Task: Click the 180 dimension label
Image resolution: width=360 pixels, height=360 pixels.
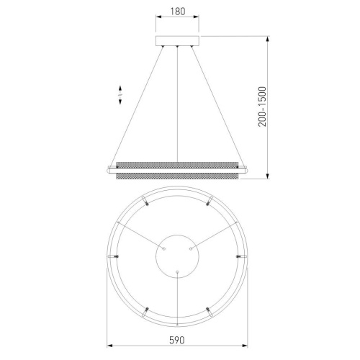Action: tap(178, 12)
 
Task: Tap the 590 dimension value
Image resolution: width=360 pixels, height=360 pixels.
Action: tap(177, 340)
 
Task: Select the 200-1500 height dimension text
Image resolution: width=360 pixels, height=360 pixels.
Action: tap(262, 107)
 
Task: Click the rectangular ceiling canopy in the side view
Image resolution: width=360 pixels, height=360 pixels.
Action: tap(177, 41)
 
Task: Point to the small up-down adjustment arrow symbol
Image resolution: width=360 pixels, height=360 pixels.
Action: tap(120, 94)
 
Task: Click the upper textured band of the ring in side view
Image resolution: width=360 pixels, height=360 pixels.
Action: tap(177, 165)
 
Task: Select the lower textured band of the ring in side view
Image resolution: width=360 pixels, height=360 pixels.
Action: tap(177, 176)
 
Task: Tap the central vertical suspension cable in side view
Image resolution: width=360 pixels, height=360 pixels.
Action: tap(177, 104)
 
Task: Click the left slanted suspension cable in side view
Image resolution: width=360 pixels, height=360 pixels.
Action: tap(137, 106)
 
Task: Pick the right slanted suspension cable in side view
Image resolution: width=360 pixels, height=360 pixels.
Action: tap(218, 106)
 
